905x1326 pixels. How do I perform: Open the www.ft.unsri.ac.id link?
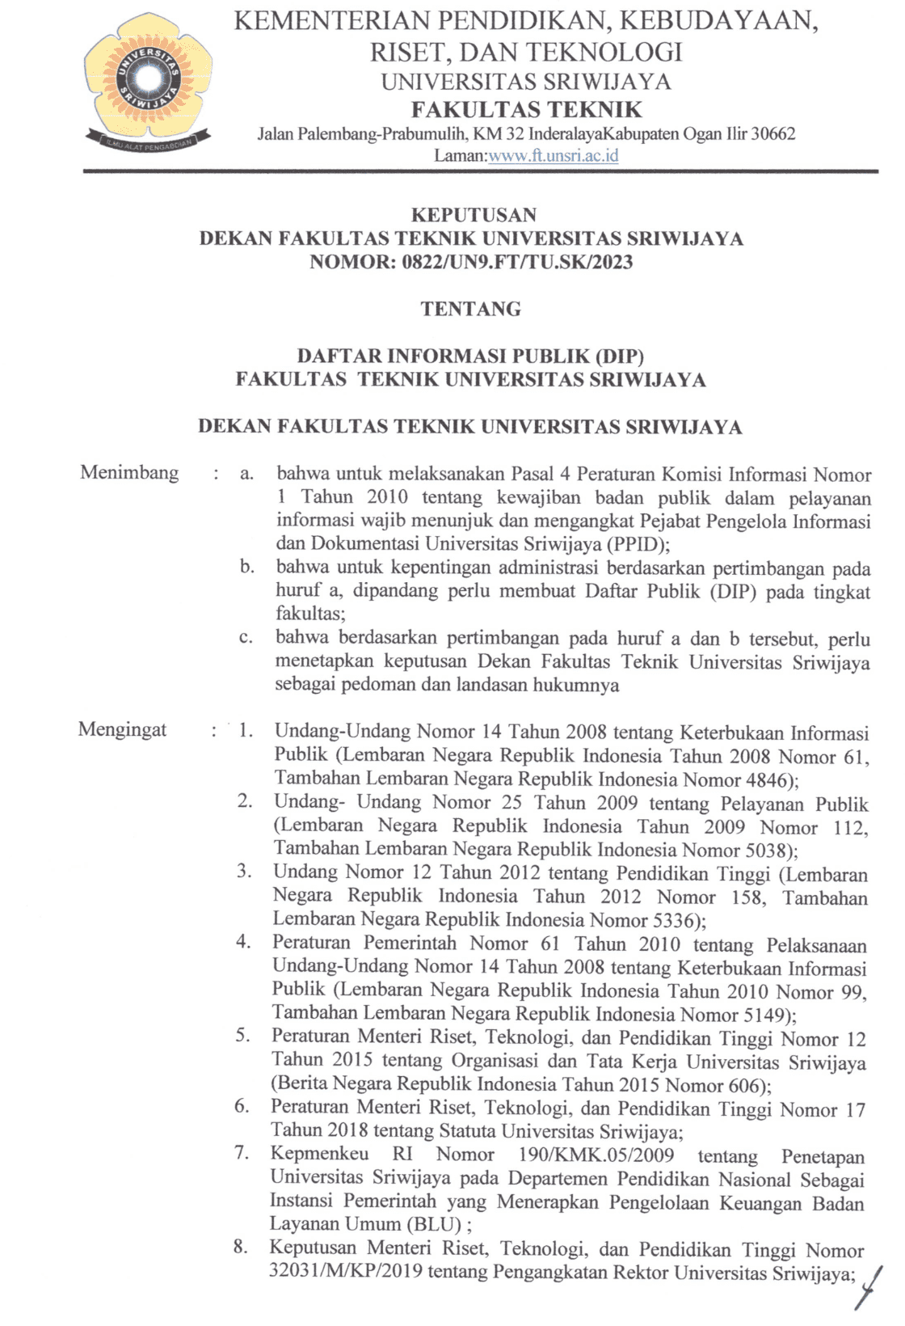(x=554, y=155)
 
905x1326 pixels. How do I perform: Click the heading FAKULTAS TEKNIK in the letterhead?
(x=526, y=109)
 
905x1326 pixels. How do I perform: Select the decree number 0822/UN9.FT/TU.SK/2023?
(x=517, y=262)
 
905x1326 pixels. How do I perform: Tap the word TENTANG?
(x=471, y=309)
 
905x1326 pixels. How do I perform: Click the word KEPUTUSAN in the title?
(x=474, y=215)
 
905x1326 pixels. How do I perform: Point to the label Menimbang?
(x=129, y=472)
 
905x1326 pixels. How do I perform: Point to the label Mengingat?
(x=122, y=729)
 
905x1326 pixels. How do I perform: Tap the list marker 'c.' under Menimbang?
(x=246, y=638)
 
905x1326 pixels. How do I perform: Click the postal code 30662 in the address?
(x=773, y=133)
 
